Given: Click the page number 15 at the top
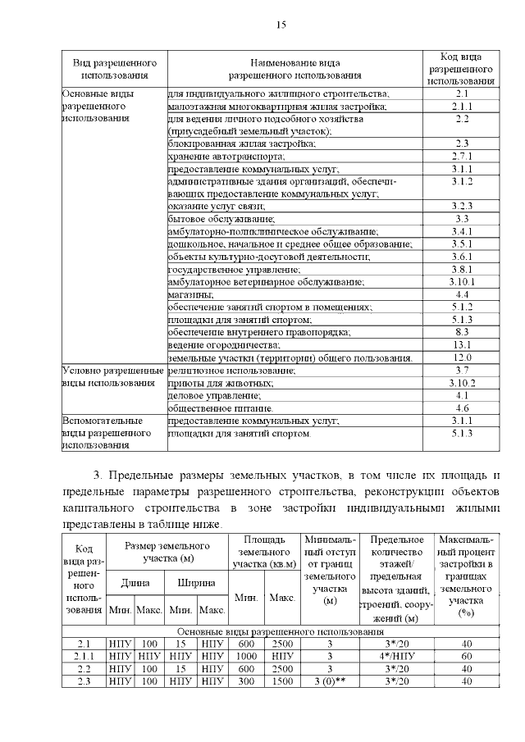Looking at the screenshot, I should point(280,25).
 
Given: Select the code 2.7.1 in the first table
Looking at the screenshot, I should point(461,156).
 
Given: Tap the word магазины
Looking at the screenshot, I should point(191,294).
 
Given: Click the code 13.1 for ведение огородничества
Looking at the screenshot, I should point(461,344).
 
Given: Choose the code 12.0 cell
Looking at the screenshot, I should point(461,358).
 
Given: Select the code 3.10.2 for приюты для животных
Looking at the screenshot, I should point(461,383).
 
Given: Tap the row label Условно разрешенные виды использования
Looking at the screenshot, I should point(113,377).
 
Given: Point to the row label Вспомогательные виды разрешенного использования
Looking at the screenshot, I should point(113,432).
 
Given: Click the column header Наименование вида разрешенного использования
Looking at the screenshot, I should point(294,69).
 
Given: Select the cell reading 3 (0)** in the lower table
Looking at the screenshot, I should point(330,681).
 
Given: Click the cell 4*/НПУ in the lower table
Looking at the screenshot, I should point(402,656).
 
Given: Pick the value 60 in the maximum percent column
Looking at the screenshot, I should point(467,656).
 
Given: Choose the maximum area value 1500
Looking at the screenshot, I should point(282,681).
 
